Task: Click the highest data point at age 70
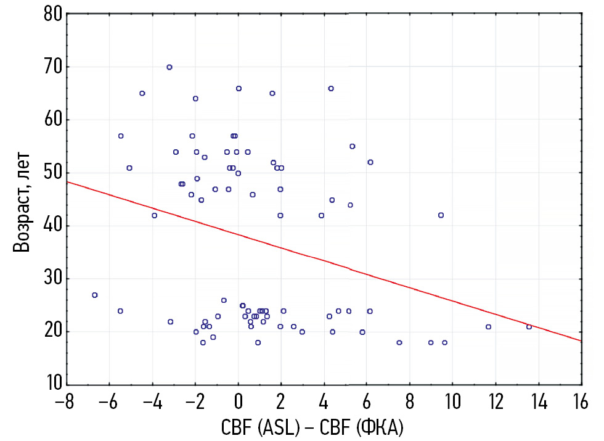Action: pyautogui.click(x=169, y=67)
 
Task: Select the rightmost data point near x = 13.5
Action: pyautogui.click(x=529, y=327)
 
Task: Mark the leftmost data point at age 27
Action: pyautogui.click(x=95, y=295)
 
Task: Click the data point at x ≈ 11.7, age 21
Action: pyautogui.click(x=489, y=327)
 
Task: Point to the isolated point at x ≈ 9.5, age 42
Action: pyautogui.click(x=441, y=215)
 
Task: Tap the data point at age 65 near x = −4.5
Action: pyautogui.click(x=142, y=94)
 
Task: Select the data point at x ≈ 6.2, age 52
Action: pyautogui.click(x=370, y=162)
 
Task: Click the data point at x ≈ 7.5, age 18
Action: pyautogui.click(x=399, y=342)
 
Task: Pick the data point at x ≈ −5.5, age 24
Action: pyautogui.click(x=120, y=311)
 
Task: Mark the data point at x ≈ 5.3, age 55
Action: pyautogui.click(x=353, y=147)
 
